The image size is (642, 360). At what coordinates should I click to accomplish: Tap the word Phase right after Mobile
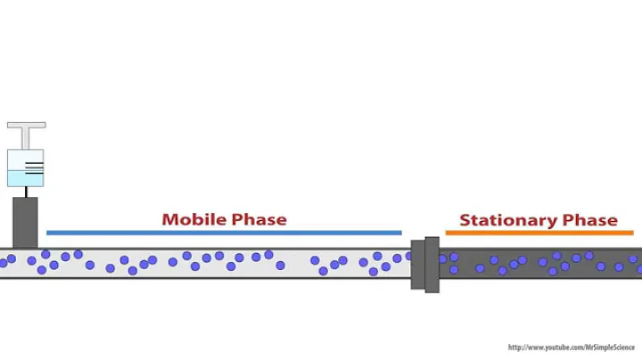coord(259,219)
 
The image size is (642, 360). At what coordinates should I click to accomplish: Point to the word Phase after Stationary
coord(590,220)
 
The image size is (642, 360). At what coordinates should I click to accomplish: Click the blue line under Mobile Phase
coord(223,233)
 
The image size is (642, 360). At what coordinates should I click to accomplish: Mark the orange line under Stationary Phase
coord(539,233)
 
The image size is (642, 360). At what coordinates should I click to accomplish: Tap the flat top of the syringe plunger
coord(26,126)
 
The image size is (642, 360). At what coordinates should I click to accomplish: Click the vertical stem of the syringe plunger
coord(26,139)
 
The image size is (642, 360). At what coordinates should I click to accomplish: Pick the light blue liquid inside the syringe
coord(20,177)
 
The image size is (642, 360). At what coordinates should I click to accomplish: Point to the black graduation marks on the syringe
coord(34,166)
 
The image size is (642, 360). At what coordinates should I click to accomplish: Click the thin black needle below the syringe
coord(26,192)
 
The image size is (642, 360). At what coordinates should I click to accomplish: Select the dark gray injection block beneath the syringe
coord(26,222)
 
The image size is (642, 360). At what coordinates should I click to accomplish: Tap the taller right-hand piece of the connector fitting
coord(432,265)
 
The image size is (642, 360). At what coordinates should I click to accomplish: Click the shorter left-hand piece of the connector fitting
coord(416,265)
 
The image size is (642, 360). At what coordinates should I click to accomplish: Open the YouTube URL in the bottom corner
coord(571,348)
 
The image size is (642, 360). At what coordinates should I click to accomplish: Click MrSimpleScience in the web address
coord(607,348)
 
